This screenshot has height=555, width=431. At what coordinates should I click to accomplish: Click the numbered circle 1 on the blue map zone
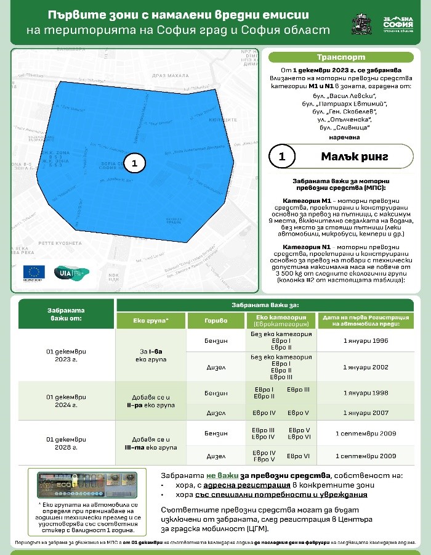pos(135,163)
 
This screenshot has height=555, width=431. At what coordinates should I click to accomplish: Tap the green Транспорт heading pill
pos(340,57)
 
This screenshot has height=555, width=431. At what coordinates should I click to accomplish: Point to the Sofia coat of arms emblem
pos(361,25)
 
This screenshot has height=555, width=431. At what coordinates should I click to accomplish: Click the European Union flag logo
pos(34,273)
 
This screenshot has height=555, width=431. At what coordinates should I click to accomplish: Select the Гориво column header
pos(216,321)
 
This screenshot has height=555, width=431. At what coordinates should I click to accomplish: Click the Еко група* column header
pos(151,321)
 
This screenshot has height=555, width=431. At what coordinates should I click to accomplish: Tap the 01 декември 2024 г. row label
pos(66,401)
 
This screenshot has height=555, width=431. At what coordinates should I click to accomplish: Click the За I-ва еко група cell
pos(151,354)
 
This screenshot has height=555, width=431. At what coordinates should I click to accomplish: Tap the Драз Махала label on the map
pos(170,75)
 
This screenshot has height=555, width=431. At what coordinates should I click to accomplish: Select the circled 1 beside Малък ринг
pos(282,157)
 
